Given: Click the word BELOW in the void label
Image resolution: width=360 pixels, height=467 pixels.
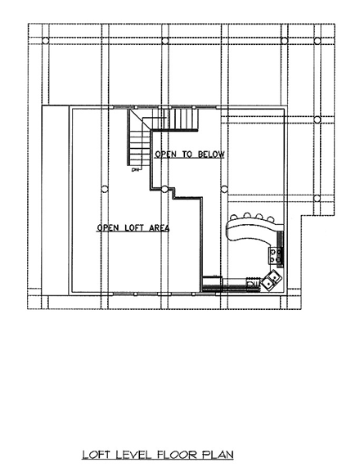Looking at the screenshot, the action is coord(209,154).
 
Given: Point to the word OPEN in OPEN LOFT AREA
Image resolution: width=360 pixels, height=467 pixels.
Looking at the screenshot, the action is coord(109,228).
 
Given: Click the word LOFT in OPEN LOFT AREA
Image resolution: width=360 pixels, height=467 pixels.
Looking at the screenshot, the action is coord(137,228).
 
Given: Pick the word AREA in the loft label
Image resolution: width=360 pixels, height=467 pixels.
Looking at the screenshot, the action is coord(160,228).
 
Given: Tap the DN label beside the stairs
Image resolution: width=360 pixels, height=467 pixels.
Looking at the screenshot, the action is coord(135,171).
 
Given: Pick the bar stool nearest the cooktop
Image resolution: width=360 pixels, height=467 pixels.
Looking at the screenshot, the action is coord(271,218).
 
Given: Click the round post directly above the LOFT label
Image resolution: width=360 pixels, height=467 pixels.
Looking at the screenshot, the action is coord(104,189).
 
